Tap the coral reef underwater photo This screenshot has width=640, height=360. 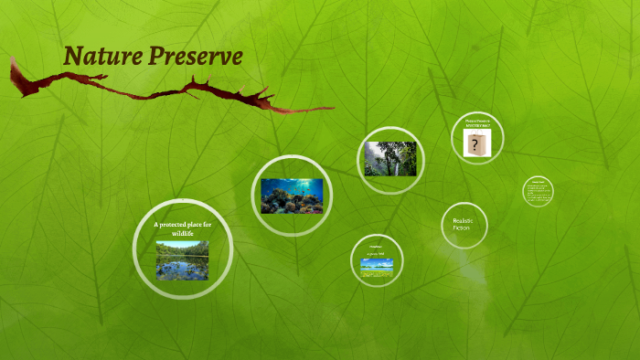click(x=292, y=196)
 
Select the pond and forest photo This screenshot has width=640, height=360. click(x=181, y=259)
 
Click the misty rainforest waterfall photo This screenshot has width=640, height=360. click(x=390, y=159)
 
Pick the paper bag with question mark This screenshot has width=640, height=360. click(x=477, y=143)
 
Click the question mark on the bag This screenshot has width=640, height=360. click(x=475, y=145)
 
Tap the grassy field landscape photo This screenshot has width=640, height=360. click(x=377, y=266)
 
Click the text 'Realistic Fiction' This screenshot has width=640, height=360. click(x=464, y=224)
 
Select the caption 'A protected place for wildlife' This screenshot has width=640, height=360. click(x=182, y=228)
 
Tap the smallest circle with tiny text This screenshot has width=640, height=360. click(x=538, y=192)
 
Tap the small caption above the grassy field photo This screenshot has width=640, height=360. click(x=377, y=253)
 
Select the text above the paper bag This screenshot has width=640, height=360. click(x=477, y=123)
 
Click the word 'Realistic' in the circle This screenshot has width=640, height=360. click(x=464, y=220)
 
